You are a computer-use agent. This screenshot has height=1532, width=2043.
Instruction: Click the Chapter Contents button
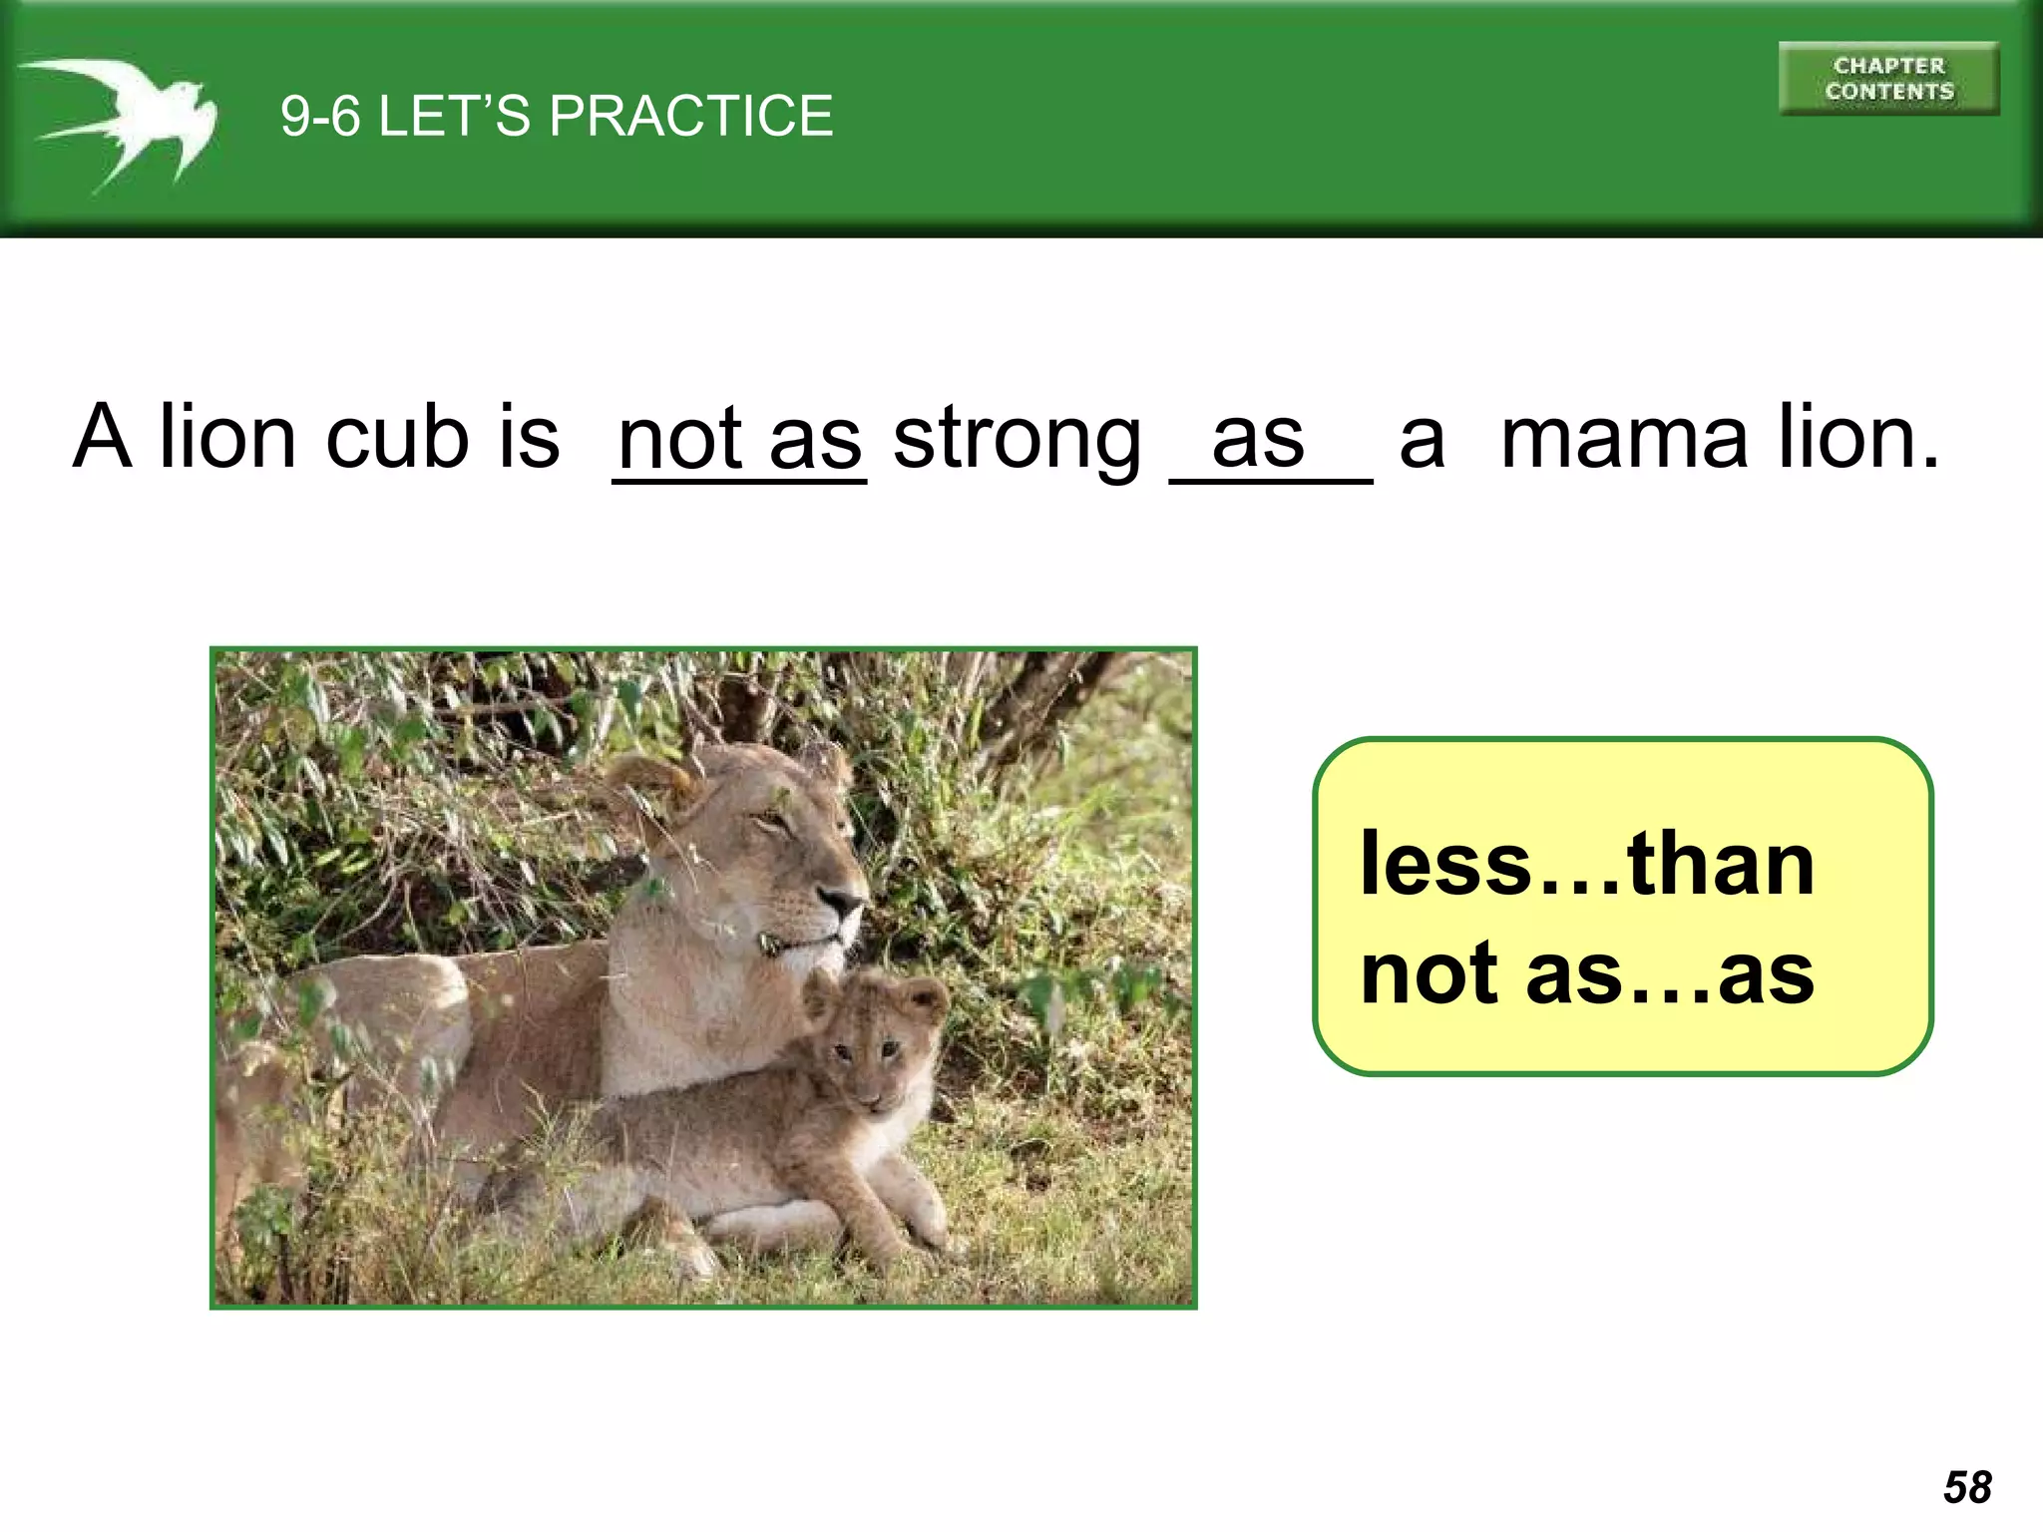(1888, 79)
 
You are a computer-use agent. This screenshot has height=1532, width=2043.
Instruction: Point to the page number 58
(1967, 1487)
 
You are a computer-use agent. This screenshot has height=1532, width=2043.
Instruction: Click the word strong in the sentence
(1017, 440)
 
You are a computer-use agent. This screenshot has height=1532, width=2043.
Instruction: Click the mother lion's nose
(844, 904)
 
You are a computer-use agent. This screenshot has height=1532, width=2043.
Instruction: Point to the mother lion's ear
(648, 783)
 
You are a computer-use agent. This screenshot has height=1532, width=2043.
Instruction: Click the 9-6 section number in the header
(319, 116)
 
